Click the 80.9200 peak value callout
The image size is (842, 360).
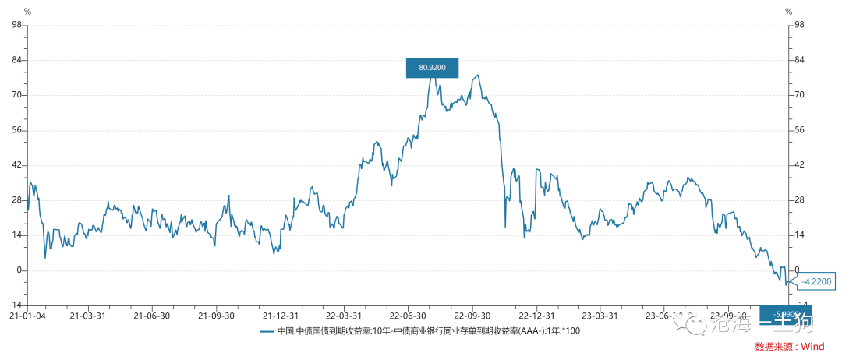point(432,68)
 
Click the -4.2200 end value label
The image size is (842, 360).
point(815,282)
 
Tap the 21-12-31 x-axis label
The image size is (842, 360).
point(279,316)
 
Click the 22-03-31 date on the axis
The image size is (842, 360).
point(343,316)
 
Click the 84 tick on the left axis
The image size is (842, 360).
point(16,60)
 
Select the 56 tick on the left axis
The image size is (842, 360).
point(16,130)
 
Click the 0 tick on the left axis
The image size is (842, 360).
point(18,270)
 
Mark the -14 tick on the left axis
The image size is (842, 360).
point(14,305)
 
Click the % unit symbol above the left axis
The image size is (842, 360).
point(27,11)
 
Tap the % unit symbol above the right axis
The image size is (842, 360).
point(788,11)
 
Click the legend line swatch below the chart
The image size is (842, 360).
point(267,331)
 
